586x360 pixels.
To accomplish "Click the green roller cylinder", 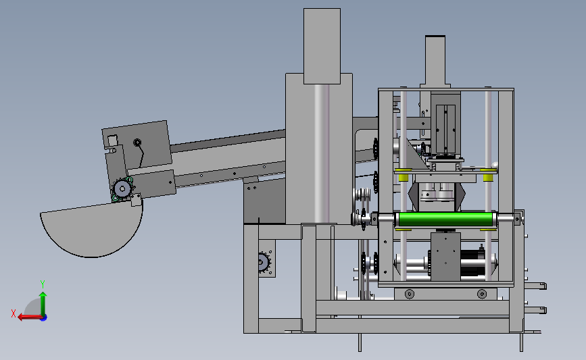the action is point(445,220).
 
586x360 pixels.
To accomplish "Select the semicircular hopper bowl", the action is point(91,230).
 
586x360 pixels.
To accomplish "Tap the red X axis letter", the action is point(14,313).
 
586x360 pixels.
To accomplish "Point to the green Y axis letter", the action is point(43,284).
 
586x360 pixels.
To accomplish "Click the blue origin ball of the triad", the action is point(44,317).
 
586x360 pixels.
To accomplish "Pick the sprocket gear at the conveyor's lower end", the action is point(122,189).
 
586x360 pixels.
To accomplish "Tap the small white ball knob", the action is point(495,164).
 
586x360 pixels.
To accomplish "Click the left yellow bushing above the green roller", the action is point(404,175).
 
